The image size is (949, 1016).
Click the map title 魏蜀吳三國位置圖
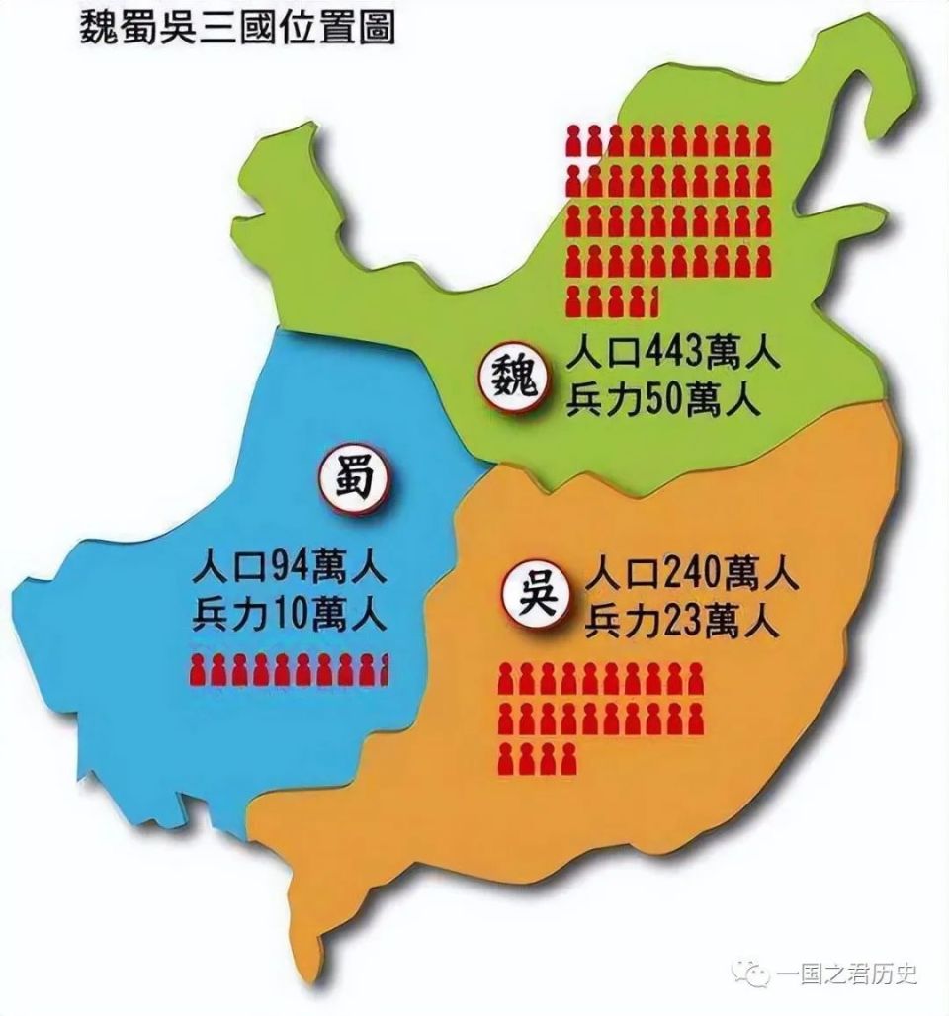click(236, 27)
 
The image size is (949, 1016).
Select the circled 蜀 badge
click(353, 479)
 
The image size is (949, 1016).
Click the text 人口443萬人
click(674, 353)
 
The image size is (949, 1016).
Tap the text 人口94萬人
click(290, 570)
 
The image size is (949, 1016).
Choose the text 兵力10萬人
click(290, 618)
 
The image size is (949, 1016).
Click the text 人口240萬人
click(691, 573)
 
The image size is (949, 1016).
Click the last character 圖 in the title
click(377, 27)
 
